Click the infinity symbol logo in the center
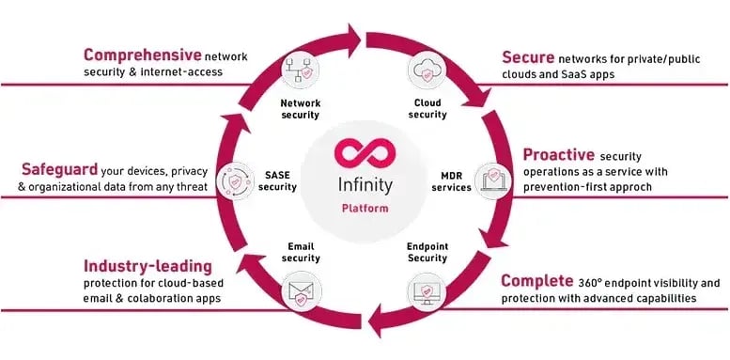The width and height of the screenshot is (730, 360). (x=363, y=153)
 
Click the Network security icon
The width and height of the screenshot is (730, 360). (x=299, y=71)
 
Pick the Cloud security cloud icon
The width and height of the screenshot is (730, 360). (x=427, y=71)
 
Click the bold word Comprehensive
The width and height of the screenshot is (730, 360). (x=142, y=55)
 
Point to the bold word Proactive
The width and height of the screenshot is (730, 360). (x=557, y=154)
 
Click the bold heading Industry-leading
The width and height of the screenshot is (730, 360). (x=148, y=266)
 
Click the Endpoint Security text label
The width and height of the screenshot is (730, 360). (x=427, y=252)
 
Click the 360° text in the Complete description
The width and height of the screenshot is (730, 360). (x=596, y=282)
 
